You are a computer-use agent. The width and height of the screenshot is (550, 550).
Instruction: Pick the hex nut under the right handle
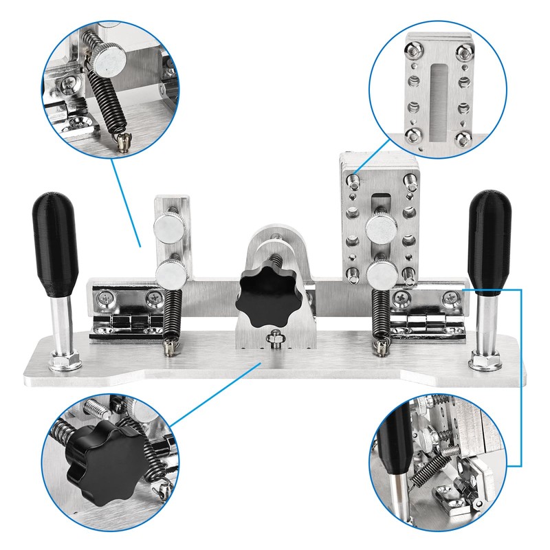[x=483, y=359]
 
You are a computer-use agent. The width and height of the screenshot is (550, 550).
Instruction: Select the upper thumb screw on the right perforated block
[x=379, y=227]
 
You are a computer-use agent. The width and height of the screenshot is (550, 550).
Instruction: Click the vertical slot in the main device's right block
[x=379, y=206]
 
